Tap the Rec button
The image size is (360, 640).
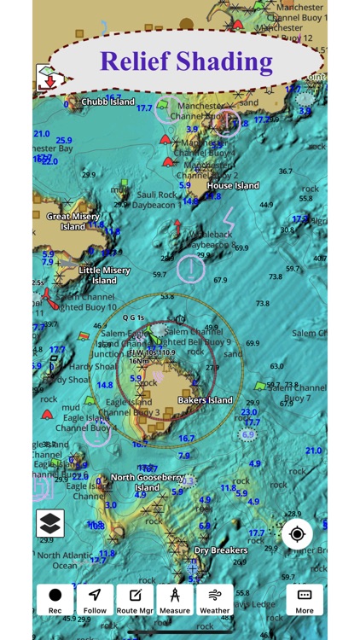point(55,600)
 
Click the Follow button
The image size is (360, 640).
point(95,600)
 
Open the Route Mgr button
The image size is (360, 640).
point(135,600)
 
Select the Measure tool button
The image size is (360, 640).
point(175,600)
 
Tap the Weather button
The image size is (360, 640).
point(215,600)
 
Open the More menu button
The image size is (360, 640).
point(305,600)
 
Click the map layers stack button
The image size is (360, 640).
point(49,523)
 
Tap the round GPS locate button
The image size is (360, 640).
point(297,534)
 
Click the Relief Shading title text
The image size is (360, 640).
point(186,61)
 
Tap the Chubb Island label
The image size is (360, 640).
point(107,102)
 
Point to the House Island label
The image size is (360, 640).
point(233,186)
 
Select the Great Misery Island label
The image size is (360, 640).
point(73,222)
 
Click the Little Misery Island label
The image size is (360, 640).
point(104,275)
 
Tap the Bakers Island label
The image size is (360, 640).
point(205,400)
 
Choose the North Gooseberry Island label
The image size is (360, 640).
point(147,483)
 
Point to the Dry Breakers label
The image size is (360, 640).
point(221,550)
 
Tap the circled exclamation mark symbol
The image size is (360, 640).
point(191,270)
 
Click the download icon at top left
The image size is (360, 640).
point(48,79)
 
